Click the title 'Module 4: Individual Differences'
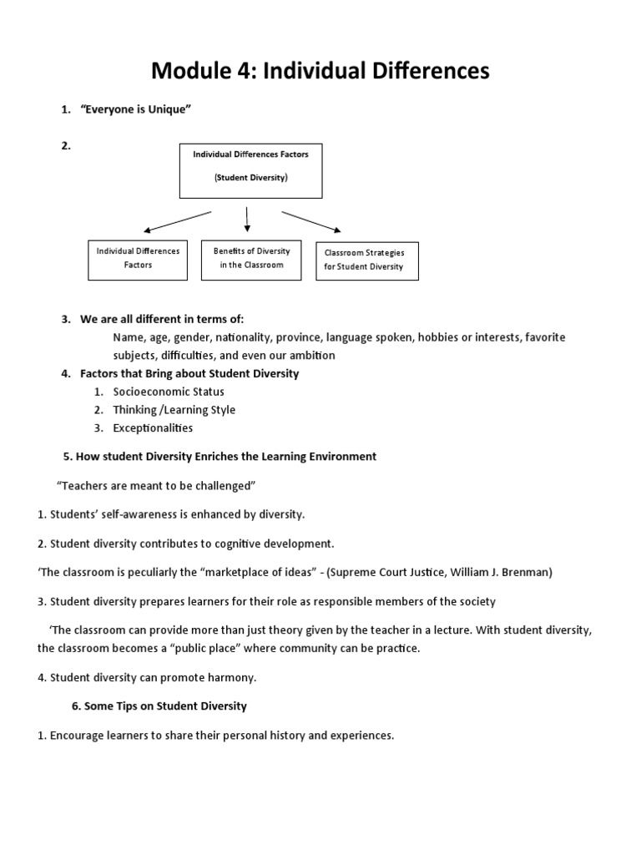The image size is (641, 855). coord(320,72)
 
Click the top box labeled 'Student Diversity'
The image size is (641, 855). coord(250,170)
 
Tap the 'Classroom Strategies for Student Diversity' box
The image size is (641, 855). coord(366,261)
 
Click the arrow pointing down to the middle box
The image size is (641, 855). coord(247,219)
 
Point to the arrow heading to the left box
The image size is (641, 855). coord(177,221)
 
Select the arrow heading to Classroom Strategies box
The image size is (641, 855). coord(311,221)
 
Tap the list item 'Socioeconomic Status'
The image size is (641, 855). coord(169,392)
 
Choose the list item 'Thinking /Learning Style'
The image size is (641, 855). coord(174,410)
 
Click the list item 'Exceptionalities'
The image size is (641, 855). coord(153,428)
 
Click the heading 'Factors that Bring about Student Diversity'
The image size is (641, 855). coord(189,373)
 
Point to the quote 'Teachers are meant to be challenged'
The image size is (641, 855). coord(154,485)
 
